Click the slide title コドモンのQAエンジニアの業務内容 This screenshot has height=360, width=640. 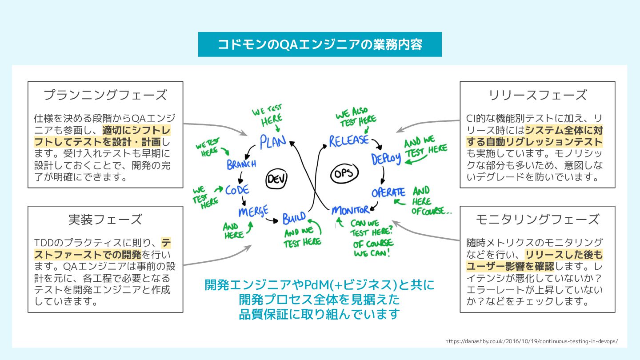point(320,44)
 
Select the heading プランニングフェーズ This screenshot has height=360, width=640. point(105,95)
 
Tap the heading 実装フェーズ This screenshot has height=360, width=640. point(105,219)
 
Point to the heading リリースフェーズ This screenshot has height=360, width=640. point(537,95)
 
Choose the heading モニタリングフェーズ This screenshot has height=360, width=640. point(537,219)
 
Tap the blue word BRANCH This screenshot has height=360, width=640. point(241,164)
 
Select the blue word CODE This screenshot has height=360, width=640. point(237,190)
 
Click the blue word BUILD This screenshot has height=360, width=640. point(294,218)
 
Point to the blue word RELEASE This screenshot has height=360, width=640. point(348,141)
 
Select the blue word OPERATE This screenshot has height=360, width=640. point(388,193)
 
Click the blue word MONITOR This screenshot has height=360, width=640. point(350,210)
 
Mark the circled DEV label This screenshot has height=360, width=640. point(276,179)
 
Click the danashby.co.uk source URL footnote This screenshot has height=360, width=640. point(531,341)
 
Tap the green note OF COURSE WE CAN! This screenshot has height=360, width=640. point(373,248)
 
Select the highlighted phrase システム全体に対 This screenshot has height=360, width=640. point(564,130)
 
